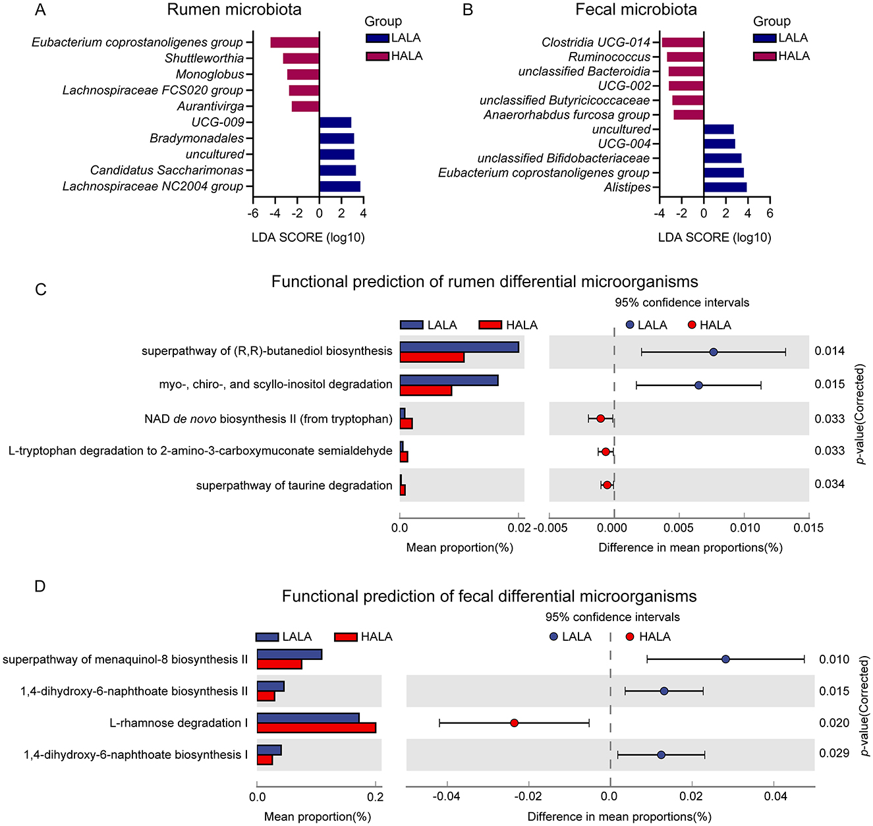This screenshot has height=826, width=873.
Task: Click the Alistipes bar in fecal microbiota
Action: point(725,188)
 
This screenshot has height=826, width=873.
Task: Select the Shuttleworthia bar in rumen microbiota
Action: point(301,59)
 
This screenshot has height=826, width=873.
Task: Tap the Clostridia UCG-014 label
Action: point(596,42)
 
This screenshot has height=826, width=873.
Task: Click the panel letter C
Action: point(41,290)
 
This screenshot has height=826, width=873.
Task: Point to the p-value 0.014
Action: point(830,351)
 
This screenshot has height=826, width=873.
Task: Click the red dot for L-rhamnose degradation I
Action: point(514,723)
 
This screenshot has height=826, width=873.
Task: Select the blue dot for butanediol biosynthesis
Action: point(714,352)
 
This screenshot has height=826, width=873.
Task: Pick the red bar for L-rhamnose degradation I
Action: point(316,728)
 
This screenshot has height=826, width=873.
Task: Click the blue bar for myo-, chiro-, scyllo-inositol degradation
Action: point(449,380)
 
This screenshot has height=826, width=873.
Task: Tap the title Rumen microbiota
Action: point(234,10)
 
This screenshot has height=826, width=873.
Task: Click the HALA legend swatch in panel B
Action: point(764,57)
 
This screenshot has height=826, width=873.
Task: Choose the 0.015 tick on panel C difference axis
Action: point(808,528)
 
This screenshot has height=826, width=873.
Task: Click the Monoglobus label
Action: point(210,74)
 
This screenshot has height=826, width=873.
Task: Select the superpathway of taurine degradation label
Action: point(294,485)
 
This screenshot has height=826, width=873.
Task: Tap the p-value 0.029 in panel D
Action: point(834,753)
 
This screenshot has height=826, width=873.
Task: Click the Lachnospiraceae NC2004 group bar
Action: point(339,186)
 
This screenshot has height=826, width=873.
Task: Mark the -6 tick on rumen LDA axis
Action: point(253,213)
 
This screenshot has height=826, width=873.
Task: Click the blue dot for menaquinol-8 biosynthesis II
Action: point(725,659)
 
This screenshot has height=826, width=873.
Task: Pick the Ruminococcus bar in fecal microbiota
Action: point(685,57)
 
